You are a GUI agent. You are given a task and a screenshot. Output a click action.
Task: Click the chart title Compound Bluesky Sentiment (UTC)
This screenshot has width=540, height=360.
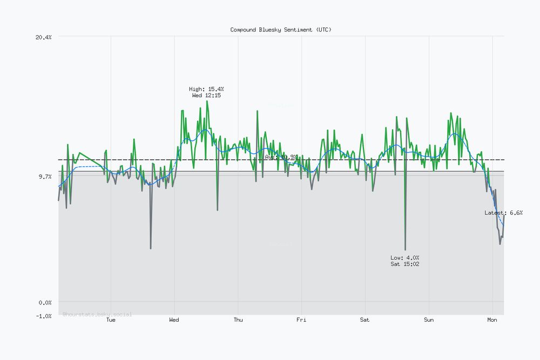[281, 30]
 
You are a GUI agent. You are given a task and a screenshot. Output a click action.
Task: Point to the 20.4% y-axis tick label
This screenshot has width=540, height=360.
[44, 37]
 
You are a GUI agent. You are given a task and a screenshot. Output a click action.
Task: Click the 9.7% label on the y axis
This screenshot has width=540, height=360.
[45, 176]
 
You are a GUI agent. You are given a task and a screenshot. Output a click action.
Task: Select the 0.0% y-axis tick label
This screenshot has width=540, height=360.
[45, 303]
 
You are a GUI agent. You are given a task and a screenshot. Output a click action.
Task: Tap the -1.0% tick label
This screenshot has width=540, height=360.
[44, 316]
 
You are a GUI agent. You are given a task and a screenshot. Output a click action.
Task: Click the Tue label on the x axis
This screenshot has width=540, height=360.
[111, 320]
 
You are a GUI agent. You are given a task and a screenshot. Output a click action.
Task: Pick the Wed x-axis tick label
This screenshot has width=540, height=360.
[174, 320]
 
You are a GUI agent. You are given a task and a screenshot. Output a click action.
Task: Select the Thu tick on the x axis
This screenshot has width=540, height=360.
[238, 320]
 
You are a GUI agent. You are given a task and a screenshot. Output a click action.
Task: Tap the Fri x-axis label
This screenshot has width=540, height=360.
[301, 320]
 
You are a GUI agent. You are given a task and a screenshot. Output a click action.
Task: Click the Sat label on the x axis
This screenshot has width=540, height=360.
[365, 320]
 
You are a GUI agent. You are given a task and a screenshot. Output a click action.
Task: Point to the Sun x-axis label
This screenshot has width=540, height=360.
[429, 320]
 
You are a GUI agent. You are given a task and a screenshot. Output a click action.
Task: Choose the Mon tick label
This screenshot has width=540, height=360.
[492, 320]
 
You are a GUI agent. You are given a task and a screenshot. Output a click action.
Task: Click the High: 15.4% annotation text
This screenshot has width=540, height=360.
[206, 89]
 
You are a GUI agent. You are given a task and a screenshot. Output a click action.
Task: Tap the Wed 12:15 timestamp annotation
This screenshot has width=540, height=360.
[206, 96]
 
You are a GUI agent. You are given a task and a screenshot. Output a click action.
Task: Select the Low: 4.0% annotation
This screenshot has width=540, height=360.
[405, 257]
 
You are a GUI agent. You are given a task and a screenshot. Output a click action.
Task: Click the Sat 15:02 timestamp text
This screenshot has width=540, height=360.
[405, 264]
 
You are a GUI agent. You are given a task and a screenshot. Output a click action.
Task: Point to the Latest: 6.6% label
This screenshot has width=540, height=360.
[503, 213]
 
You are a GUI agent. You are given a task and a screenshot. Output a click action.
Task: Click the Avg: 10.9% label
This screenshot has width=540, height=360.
[281, 157]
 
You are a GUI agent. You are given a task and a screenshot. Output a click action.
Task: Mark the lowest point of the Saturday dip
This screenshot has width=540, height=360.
[405, 249]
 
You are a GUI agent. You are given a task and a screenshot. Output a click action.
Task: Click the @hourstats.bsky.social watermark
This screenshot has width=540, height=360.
[97, 314]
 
